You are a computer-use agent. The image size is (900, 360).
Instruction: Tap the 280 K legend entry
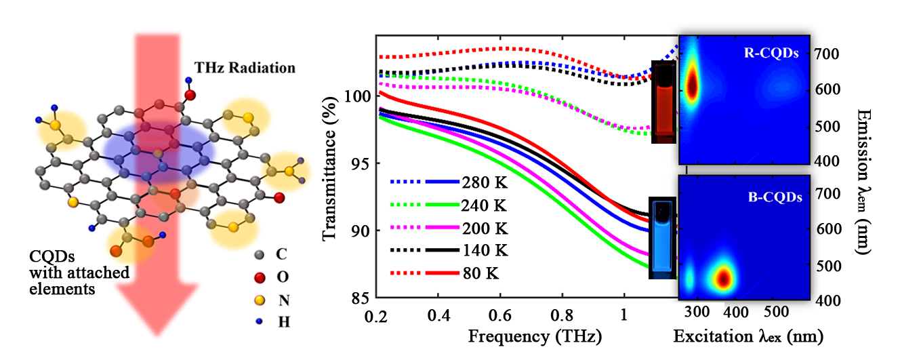click(x=484, y=182)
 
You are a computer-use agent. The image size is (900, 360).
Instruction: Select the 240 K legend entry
click(x=484, y=205)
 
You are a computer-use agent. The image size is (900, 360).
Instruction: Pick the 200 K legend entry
click(x=484, y=227)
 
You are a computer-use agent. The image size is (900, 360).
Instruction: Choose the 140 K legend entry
click(x=484, y=249)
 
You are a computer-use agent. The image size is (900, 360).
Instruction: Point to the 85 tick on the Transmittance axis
click(x=359, y=298)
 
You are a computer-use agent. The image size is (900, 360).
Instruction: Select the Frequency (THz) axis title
click(x=535, y=336)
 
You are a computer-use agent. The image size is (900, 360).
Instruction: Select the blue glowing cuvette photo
click(x=662, y=237)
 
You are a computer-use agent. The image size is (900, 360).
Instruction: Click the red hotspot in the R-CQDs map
click(x=692, y=86)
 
